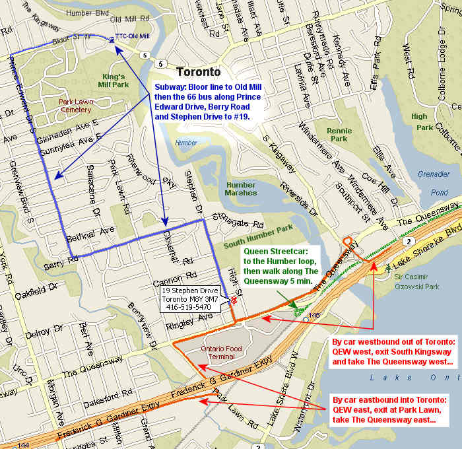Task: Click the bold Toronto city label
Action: point(198,72)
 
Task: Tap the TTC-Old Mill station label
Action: point(133,36)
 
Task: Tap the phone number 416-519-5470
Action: point(187,307)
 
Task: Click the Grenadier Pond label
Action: point(433,184)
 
